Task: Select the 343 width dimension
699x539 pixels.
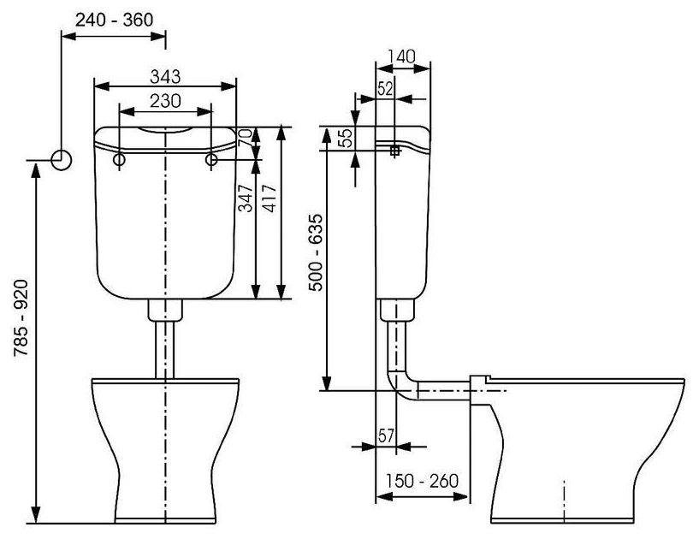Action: click(164, 76)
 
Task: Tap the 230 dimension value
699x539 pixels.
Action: click(164, 100)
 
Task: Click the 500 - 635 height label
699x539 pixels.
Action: click(316, 253)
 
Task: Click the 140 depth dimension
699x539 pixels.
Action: click(401, 56)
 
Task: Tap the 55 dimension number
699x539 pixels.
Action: click(346, 139)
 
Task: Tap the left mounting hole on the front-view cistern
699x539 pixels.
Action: click(119, 160)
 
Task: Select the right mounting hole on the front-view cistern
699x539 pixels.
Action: click(210, 160)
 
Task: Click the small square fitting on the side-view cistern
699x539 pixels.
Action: click(394, 151)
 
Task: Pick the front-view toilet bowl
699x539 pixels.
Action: click(164, 445)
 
